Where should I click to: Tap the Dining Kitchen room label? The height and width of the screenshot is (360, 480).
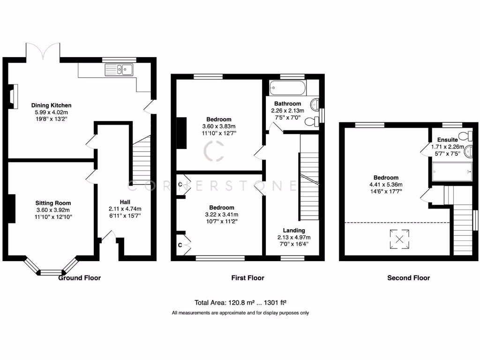coord(51,105)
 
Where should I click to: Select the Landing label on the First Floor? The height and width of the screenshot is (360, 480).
coord(294,230)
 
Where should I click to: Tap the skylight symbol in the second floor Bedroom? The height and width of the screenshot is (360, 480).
coord(400,239)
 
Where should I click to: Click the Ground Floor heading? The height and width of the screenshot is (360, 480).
coord(79,278)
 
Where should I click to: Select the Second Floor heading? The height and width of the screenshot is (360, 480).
coord(408,278)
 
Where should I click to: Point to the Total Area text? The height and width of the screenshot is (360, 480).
coord(240,303)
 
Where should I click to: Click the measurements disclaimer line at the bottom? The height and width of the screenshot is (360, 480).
coord(240,313)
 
